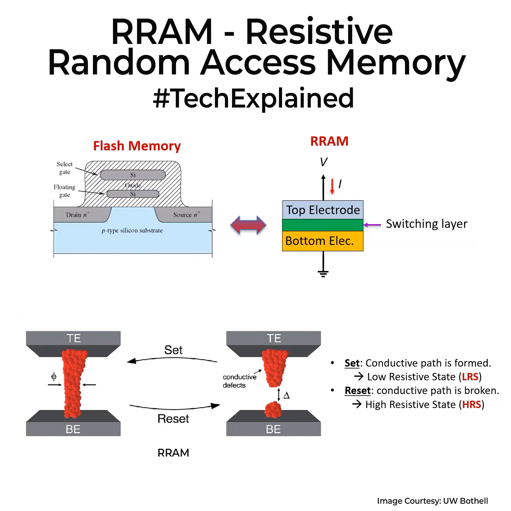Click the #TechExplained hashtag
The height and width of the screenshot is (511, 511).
click(x=253, y=99)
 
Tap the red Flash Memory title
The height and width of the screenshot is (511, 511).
click(x=137, y=146)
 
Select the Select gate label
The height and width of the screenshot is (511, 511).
click(x=64, y=168)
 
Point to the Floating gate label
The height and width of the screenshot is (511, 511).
click(x=64, y=191)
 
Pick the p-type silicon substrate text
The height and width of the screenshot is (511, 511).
click(x=132, y=230)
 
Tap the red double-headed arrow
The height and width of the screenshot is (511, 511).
click(x=248, y=225)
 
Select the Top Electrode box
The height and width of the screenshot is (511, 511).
click(x=323, y=210)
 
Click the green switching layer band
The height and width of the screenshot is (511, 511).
click(x=323, y=225)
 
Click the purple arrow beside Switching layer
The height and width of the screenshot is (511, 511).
click(x=372, y=225)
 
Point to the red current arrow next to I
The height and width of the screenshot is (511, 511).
click(x=332, y=186)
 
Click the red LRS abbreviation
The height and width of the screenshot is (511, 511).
click(x=470, y=377)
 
